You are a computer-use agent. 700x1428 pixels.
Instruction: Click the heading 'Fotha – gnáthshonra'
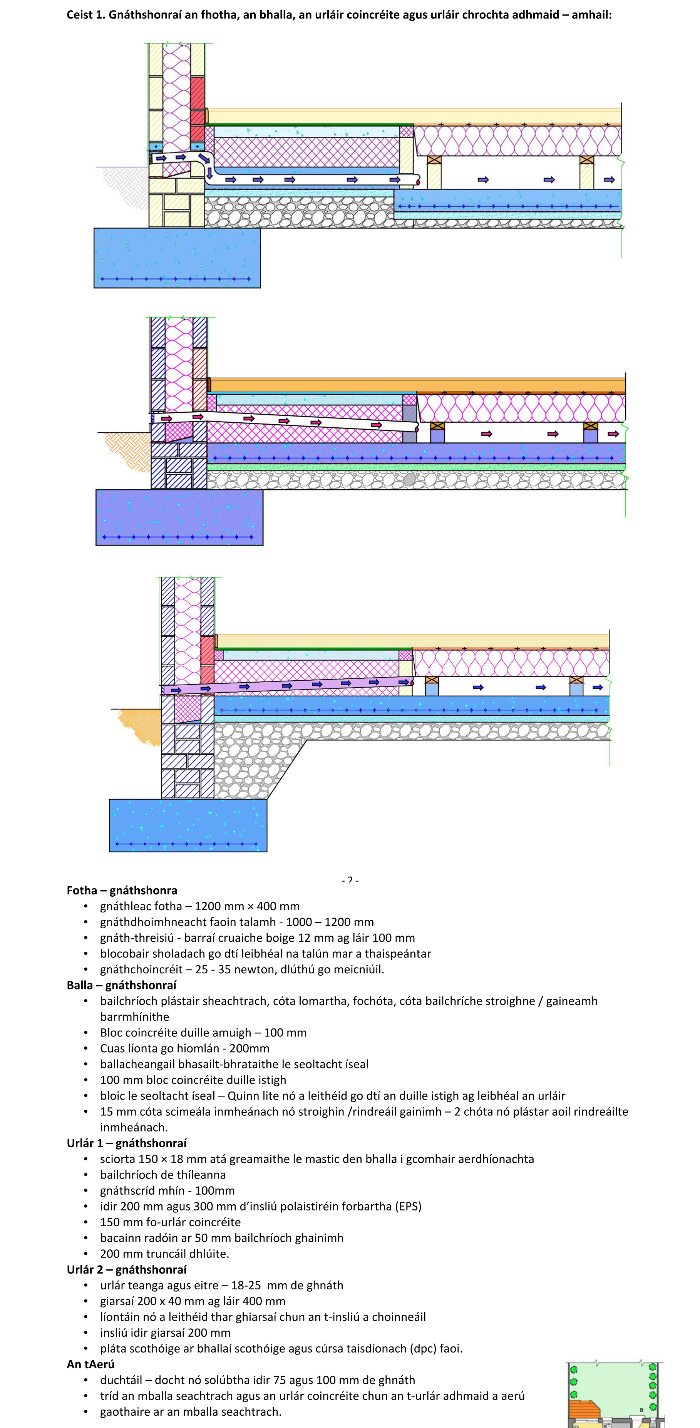click(122, 890)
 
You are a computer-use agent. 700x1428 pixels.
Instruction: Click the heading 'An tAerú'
click(90, 1364)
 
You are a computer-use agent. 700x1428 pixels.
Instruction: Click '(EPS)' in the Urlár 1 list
click(408, 1206)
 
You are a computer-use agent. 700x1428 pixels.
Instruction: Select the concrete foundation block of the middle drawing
click(179, 517)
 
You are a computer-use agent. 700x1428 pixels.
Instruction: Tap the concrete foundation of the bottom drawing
click(188, 825)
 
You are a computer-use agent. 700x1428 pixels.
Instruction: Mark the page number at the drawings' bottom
click(350, 880)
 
